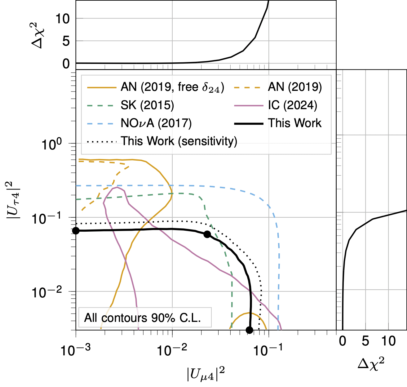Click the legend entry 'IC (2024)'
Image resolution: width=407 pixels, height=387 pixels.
click(292, 105)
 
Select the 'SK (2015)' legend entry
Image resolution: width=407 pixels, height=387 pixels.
click(147, 105)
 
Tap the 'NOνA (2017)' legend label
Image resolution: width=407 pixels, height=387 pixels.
click(156, 123)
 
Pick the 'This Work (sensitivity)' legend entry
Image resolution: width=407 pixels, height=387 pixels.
click(179, 141)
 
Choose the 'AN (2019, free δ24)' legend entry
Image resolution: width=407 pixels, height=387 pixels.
click(172, 87)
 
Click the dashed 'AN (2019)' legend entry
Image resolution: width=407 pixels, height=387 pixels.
click(295, 87)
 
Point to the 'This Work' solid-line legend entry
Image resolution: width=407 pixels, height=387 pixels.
click(295, 123)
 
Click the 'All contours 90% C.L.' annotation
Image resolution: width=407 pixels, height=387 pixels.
click(143, 318)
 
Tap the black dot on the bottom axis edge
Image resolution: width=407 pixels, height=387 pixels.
click(250, 330)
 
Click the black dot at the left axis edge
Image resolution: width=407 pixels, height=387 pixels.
click(76, 231)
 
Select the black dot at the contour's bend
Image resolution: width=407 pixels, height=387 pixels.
click(207, 234)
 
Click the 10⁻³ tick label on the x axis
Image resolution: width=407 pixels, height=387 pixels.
click(75, 350)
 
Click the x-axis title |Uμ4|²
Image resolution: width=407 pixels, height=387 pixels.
click(206, 374)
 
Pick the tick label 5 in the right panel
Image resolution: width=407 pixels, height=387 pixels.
click(365, 341)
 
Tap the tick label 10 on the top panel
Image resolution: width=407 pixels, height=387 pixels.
click(62, 19)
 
